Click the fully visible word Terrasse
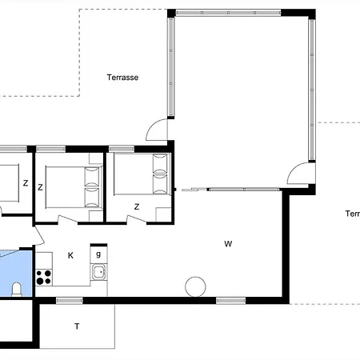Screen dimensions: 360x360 tap(122, 78)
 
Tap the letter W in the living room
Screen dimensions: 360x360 tap(228, 244)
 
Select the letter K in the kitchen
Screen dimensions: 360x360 tap(70, 255)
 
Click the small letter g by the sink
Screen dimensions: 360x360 tap(98, 254)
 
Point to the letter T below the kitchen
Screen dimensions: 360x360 tap(77, 326)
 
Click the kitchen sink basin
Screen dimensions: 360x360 tap(99, 272)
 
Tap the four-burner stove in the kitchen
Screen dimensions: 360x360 tap(44, 277)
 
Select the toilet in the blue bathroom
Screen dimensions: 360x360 tap(17, 289)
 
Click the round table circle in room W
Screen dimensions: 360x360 tap(195, 286)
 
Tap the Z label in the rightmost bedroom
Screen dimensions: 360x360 tap(137, 206)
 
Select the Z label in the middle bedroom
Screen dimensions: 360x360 tap(40, 187)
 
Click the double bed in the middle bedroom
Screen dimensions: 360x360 tap(74, 187)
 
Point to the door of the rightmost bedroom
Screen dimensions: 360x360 tap(137, 219)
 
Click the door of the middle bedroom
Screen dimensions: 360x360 tap(68, 219)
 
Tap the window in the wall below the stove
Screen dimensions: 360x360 tap(70, 301)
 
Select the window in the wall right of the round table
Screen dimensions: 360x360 tap(230, 301)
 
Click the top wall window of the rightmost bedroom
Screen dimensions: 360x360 tap(122, 149)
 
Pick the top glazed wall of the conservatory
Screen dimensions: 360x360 tap(228, 13)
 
